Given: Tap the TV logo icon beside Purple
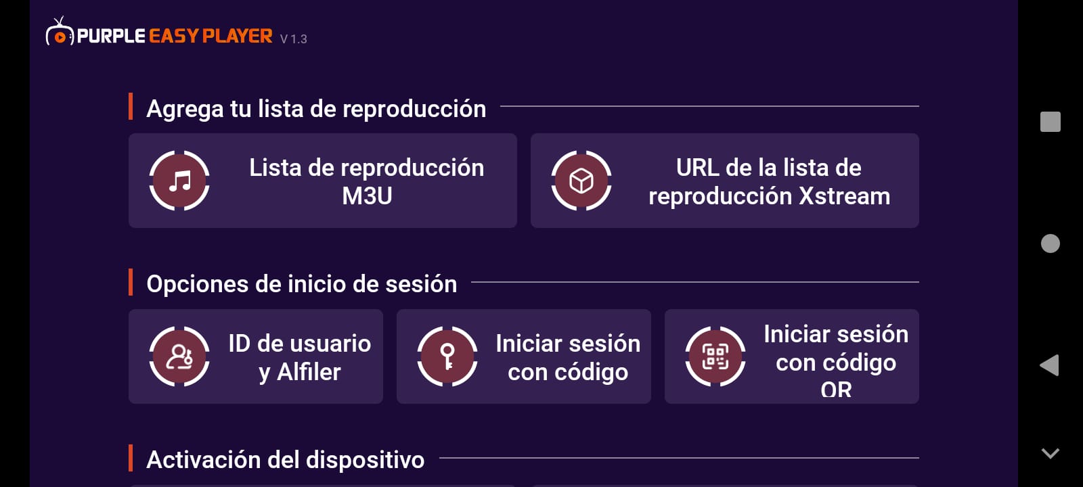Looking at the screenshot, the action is point(60,32).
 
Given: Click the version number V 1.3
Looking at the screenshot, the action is point(294,39).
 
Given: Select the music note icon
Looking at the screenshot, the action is point(179,181).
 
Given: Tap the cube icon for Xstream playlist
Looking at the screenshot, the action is point(581,181).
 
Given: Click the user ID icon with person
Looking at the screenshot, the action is point(179,356).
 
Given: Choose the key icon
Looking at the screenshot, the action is point(447,356).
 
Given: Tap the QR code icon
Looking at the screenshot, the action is point(715,356).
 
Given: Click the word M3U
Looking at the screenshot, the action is point(367,196).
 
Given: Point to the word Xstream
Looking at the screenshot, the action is point(844,196).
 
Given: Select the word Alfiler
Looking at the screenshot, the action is point(309,372).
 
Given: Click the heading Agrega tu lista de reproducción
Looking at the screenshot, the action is point(316,109).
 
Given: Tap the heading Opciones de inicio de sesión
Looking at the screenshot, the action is point(302,284).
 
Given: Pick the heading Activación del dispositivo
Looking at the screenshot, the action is point(285,460).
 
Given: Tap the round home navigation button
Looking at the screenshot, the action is point(1050,243).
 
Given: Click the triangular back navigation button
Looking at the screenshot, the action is point(1049,365).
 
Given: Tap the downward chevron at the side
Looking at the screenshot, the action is point(1050,453).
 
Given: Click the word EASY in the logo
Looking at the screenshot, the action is point(174,37).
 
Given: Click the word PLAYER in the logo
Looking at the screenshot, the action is point(238,37).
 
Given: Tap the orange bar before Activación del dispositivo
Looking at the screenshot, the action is point(131,457).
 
